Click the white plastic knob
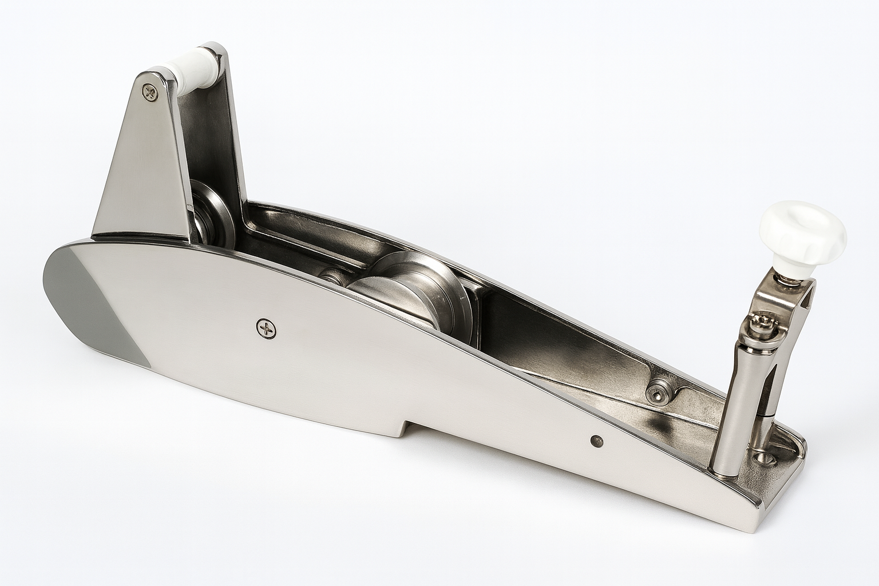[801, 234]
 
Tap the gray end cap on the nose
[92, 298]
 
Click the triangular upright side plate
[143, 172]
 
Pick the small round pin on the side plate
[596, 440]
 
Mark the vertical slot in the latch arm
[770, 383]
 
